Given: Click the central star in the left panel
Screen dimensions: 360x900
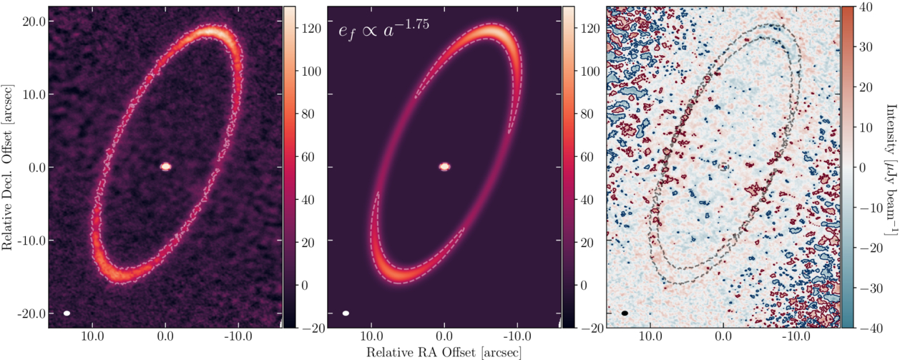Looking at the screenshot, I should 165,166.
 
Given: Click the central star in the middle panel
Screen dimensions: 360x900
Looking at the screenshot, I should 444,166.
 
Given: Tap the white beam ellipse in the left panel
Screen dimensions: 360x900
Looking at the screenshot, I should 67,313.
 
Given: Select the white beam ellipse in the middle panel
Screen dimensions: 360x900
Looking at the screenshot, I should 346,313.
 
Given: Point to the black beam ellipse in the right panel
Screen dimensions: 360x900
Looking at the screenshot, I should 625,313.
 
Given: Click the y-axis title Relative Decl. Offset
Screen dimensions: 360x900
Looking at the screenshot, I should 9,169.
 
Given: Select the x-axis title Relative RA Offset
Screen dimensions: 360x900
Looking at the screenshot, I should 444,352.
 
